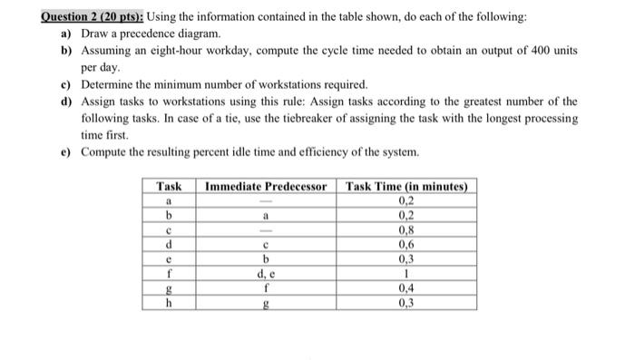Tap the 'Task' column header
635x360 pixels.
coord(168,187)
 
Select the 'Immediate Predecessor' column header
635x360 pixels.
coord(265,187)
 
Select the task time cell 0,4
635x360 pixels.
coord(407,289)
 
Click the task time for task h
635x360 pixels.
coord(407,303)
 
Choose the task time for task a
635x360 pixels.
coord(407,201)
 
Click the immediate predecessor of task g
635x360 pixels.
coord(265,289)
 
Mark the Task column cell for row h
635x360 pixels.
coord(168,303)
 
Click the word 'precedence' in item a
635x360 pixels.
coord(148,34)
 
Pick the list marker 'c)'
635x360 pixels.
coord(66,83)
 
